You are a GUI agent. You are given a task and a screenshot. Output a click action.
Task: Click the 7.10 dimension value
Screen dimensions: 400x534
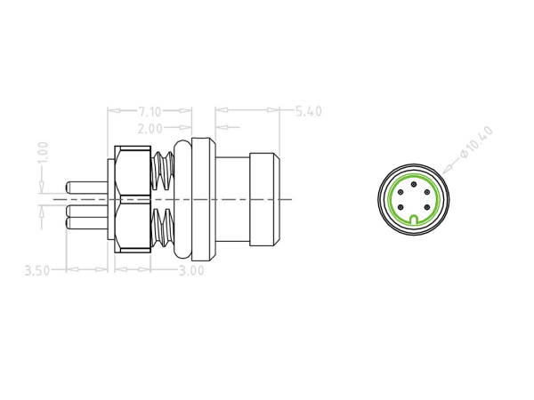click(x=150, y=111)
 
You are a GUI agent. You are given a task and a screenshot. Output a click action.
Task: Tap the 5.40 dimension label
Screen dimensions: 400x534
click(x=307, y=111)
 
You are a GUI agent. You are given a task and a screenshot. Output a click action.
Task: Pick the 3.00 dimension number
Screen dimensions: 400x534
click(x=191, y=270)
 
